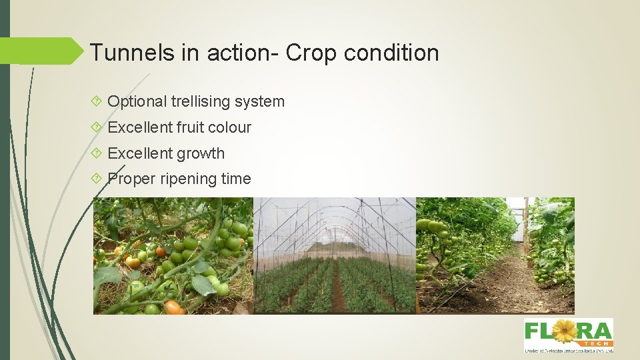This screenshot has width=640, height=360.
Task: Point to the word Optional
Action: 137,102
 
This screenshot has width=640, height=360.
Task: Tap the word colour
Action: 230,127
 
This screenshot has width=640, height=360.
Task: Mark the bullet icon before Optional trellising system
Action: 97,102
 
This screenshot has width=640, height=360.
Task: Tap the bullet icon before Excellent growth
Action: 97,153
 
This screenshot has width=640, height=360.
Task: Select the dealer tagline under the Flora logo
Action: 568,350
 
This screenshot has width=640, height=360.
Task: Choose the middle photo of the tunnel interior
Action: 335,255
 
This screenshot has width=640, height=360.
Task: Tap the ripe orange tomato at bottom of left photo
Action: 173,307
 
